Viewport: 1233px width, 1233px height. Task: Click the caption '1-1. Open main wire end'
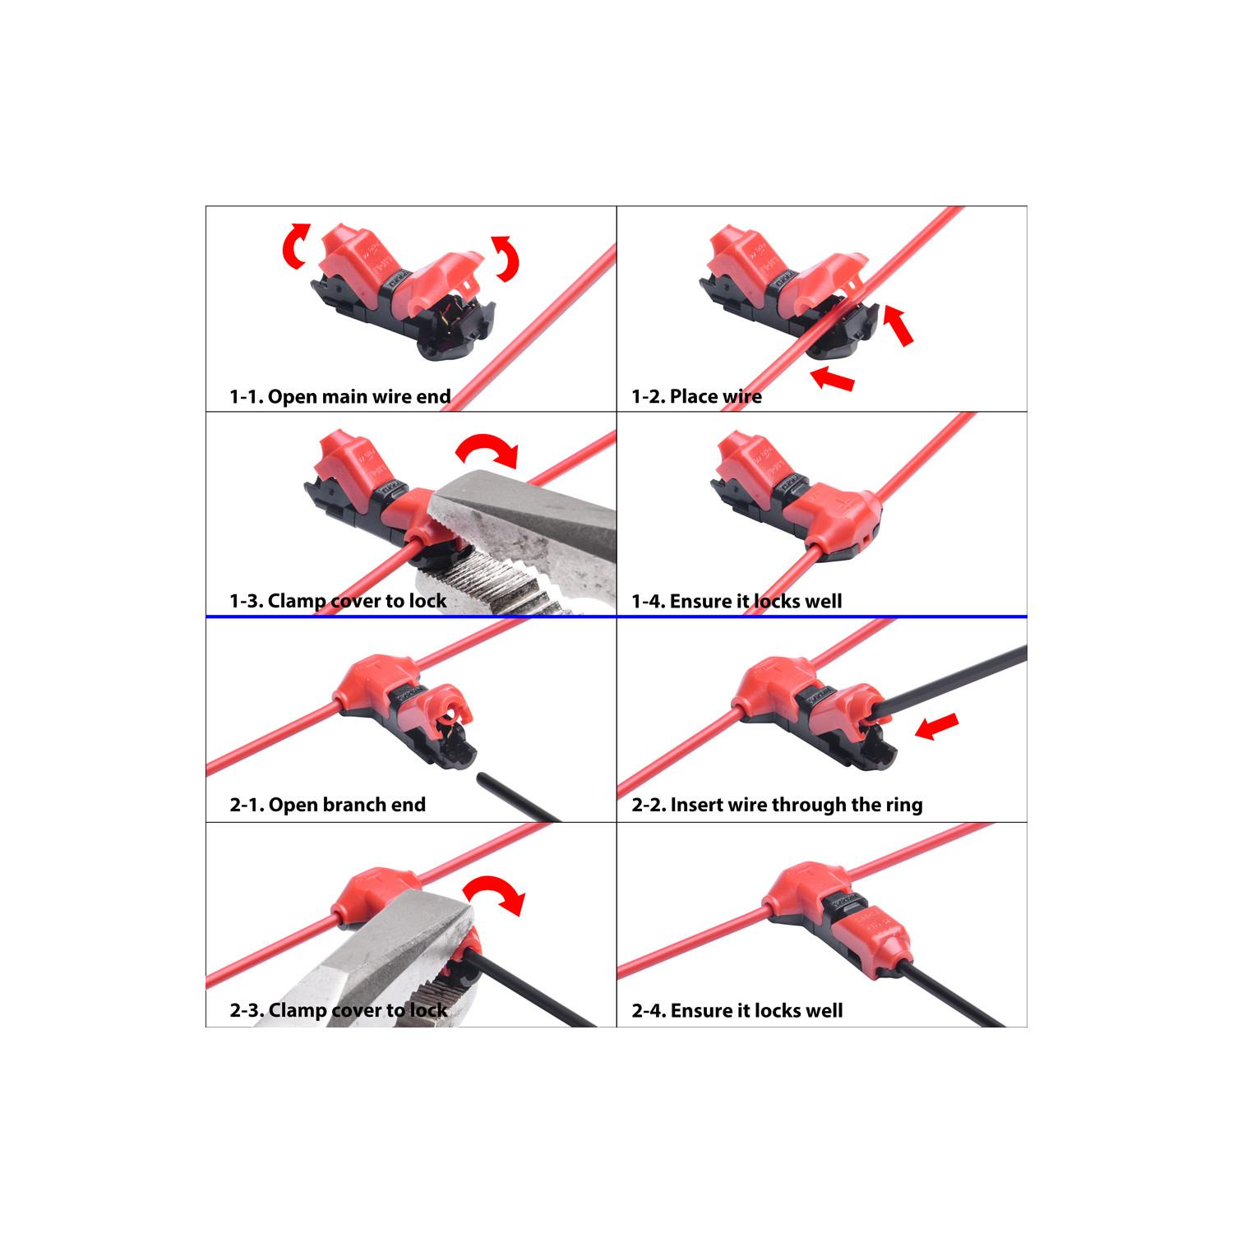339,396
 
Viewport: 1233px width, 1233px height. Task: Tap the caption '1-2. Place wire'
696,396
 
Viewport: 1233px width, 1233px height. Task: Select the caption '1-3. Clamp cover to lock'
338,601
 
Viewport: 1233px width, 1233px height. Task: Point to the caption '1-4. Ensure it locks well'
737,601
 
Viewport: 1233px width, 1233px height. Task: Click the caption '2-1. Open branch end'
327,804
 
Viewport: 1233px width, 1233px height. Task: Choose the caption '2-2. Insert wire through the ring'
777,804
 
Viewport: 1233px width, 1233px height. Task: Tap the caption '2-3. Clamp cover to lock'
338,1010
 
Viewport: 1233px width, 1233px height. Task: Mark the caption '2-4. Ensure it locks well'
737,1010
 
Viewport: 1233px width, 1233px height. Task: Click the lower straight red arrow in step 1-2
832,379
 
